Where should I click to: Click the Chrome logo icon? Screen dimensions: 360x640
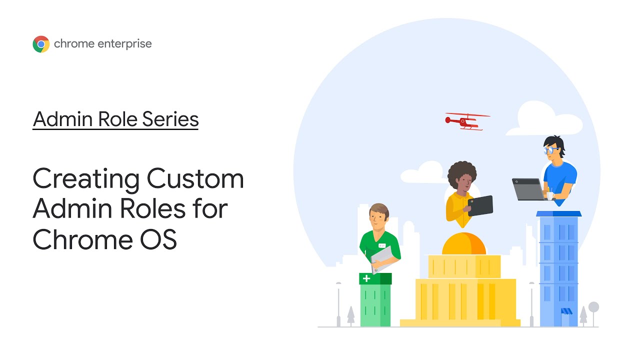(x=41, y=44)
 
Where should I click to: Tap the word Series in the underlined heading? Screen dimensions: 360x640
(x=170, y=119)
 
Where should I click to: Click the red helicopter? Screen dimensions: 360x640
(x=465, y=121)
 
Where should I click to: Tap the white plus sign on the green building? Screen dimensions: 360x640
(x=367, y=278)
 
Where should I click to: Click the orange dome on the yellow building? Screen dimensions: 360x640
(x=464, y=244)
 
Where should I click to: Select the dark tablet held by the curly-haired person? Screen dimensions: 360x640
(x=480, y=205)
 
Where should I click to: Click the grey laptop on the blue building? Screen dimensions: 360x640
(x=528, y=189)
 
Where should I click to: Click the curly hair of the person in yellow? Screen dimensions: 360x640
(x=462, y=173)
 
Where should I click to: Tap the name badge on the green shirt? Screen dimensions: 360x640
(x=382, y=246)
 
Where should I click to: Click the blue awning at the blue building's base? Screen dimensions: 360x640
(x=566, y=311)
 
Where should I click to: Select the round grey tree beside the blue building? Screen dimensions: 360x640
(x=593, y=307)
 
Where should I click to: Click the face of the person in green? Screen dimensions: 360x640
(x=378, y=217)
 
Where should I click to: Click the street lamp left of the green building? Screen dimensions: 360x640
(x=338, y=302)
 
